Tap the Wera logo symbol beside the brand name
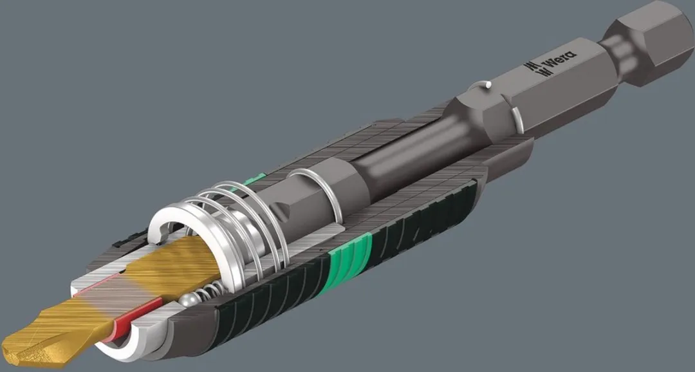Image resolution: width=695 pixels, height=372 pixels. click(x=533, y=70)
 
